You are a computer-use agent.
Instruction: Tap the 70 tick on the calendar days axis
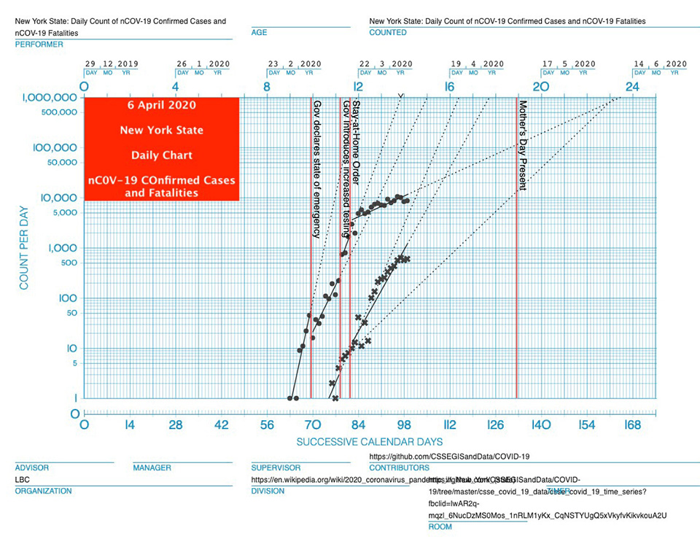pos(312,426)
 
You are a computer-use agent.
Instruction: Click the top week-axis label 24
pos(632,87)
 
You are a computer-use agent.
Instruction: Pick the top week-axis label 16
pos(449,87)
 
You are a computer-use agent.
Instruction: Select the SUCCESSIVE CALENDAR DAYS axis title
pos(369,442)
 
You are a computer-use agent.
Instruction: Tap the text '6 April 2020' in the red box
pos(161,105)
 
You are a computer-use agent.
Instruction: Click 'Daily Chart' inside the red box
pos(161,155)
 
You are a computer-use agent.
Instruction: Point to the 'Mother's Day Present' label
pos(522,145)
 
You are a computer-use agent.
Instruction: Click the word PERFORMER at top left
pos(39,44)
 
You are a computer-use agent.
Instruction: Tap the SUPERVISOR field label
pos(276,468)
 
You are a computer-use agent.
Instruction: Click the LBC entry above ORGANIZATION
pos(23,480)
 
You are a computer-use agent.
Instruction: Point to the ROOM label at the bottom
pos(440,527)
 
